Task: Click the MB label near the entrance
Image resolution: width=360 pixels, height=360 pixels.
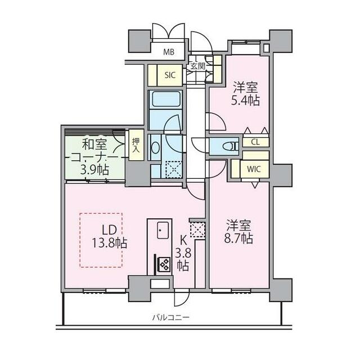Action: (x=169, y=53)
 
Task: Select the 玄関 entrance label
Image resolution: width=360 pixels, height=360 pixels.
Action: (x=197, y=66)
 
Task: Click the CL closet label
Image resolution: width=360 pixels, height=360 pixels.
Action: (x=255, y=142)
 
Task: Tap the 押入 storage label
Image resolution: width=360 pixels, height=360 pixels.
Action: (x=136, y=146)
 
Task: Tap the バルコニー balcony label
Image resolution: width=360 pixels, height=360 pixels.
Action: (x=170, y=318)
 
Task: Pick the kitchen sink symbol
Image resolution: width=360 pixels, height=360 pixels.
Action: (x=163, y=230)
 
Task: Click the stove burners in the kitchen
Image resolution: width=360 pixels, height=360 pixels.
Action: (x=164, y=263)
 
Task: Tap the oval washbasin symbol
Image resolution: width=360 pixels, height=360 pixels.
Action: (x=156, y=147)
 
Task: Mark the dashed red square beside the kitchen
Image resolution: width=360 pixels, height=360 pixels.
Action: (x=196, y=229)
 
